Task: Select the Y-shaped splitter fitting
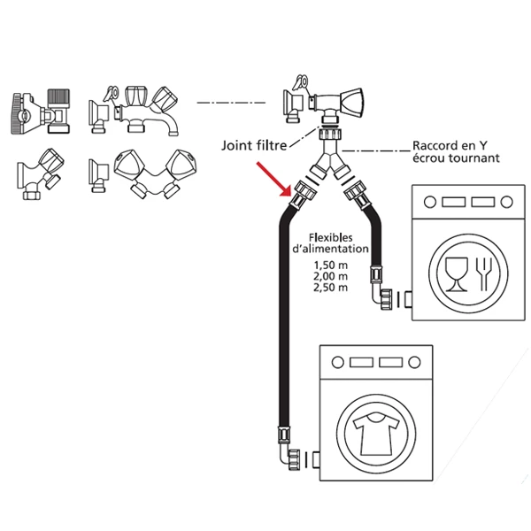329,165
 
